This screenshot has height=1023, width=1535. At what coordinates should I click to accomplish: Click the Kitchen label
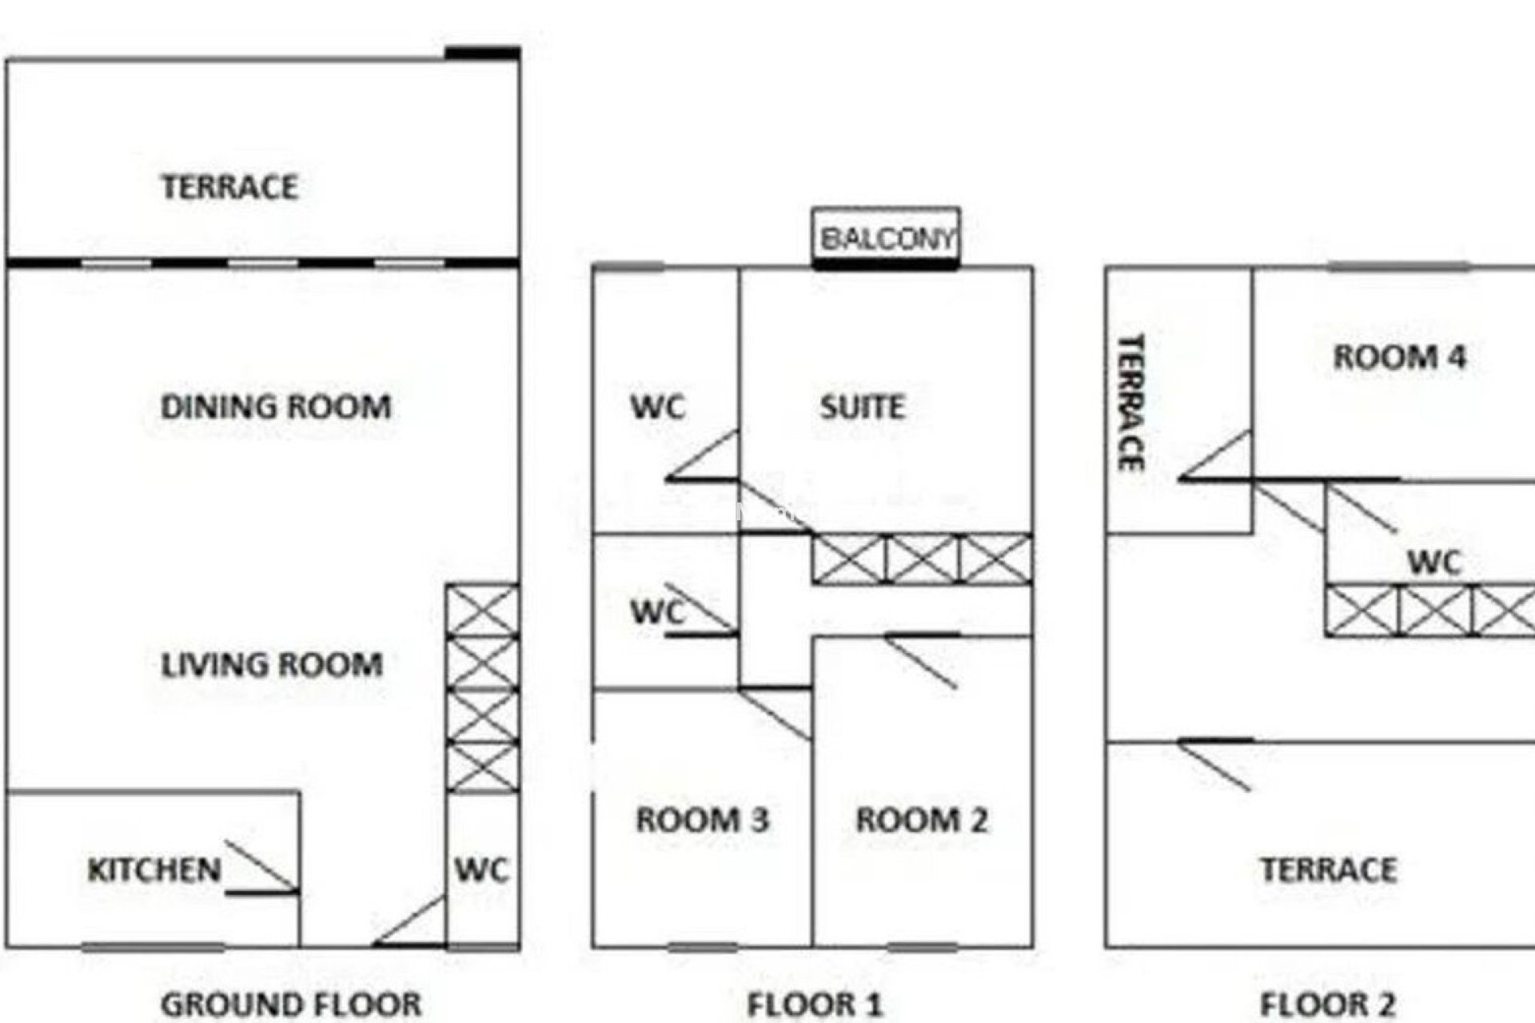[x=154, y=870]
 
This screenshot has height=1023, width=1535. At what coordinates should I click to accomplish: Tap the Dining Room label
[x=276, y=407]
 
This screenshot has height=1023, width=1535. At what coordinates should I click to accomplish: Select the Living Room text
[x=272, y=665]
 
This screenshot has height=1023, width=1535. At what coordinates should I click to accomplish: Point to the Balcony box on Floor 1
[x=886, y=237]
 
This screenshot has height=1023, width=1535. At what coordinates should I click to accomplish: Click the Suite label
[x=862, y=407]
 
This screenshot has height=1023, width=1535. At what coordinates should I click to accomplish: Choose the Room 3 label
[x=702, y=820]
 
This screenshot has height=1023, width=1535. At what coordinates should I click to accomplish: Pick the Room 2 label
[x=922, y=820]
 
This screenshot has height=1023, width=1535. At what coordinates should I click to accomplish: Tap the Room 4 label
[x=1400, y=356]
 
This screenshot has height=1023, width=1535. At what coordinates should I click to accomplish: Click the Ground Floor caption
[x=291, y=1004]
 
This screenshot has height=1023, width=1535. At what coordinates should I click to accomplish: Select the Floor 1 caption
[x=815, y=1004]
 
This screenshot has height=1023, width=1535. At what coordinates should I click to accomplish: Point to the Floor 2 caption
[x=1328, y=1004]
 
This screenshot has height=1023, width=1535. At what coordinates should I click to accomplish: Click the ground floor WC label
[x=482, y=870]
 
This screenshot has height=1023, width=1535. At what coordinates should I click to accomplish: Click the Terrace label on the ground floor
[x=230, y=187]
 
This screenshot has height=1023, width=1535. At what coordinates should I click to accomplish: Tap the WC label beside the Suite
[x=658, y=407]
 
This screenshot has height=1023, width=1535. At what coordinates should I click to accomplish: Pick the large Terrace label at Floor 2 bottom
[x=1329, y=870]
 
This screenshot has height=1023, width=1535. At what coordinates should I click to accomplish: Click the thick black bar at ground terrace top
[x=483, y=54]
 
